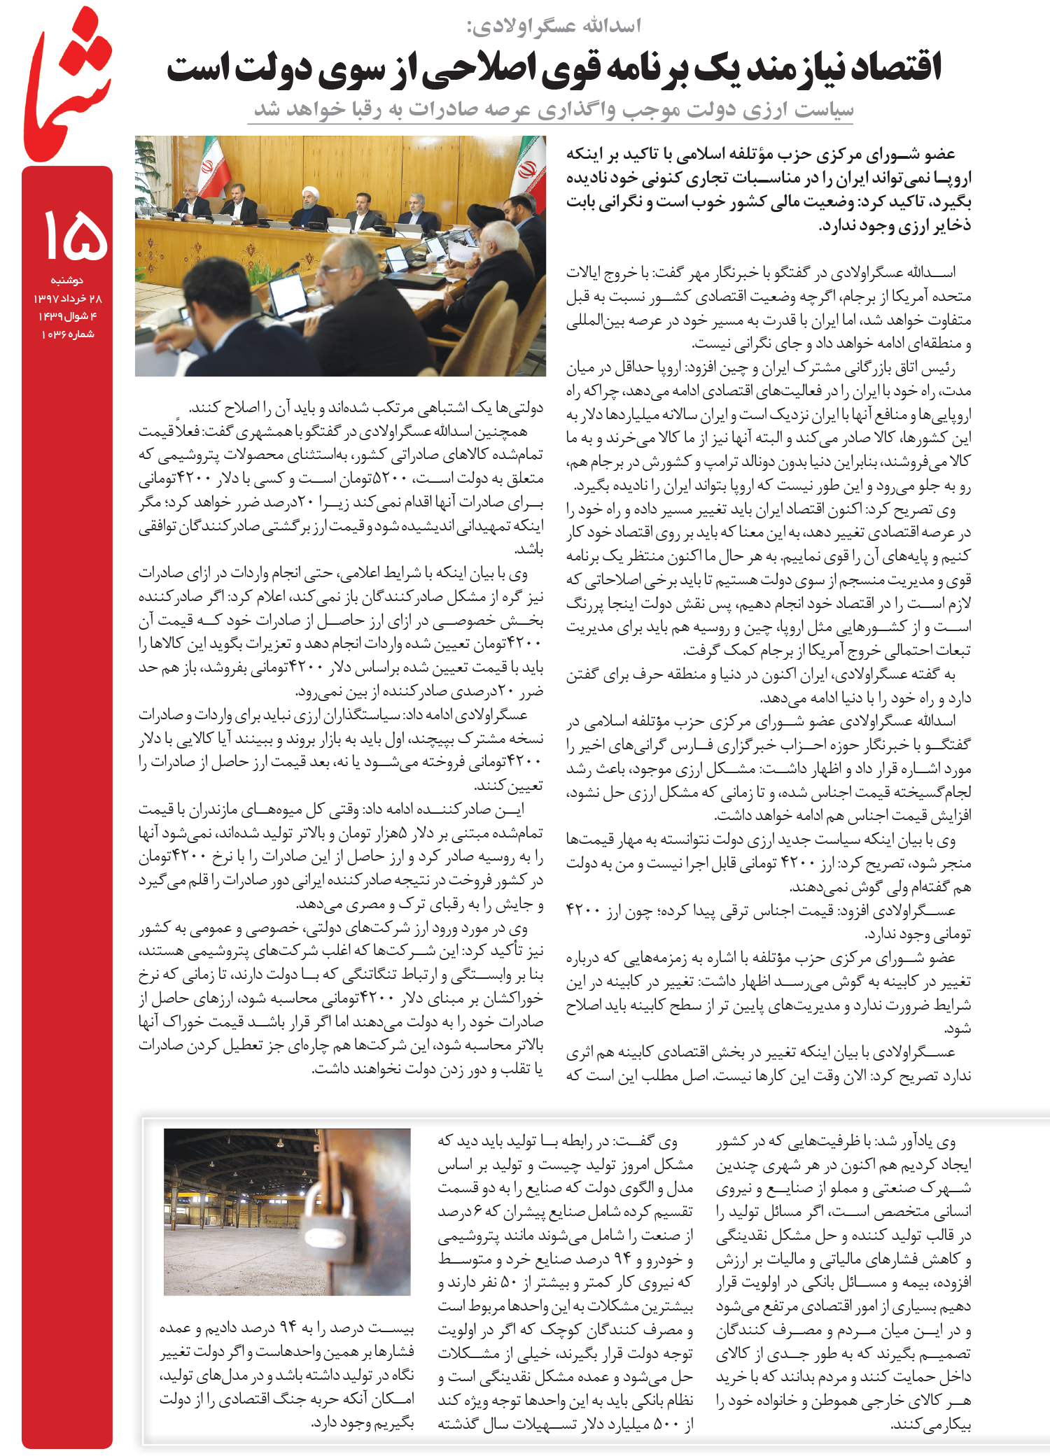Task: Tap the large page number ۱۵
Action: click(x=75, y=236)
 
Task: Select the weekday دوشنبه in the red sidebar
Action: click(x=67, y=281)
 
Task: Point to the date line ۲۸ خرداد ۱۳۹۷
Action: click(x=68, y=299)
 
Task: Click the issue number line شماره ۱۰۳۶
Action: click(x=68, y=334)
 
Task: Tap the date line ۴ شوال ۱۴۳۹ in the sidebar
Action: click(x=68, y=316)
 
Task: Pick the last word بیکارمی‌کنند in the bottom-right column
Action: click(x=931, y=1424)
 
